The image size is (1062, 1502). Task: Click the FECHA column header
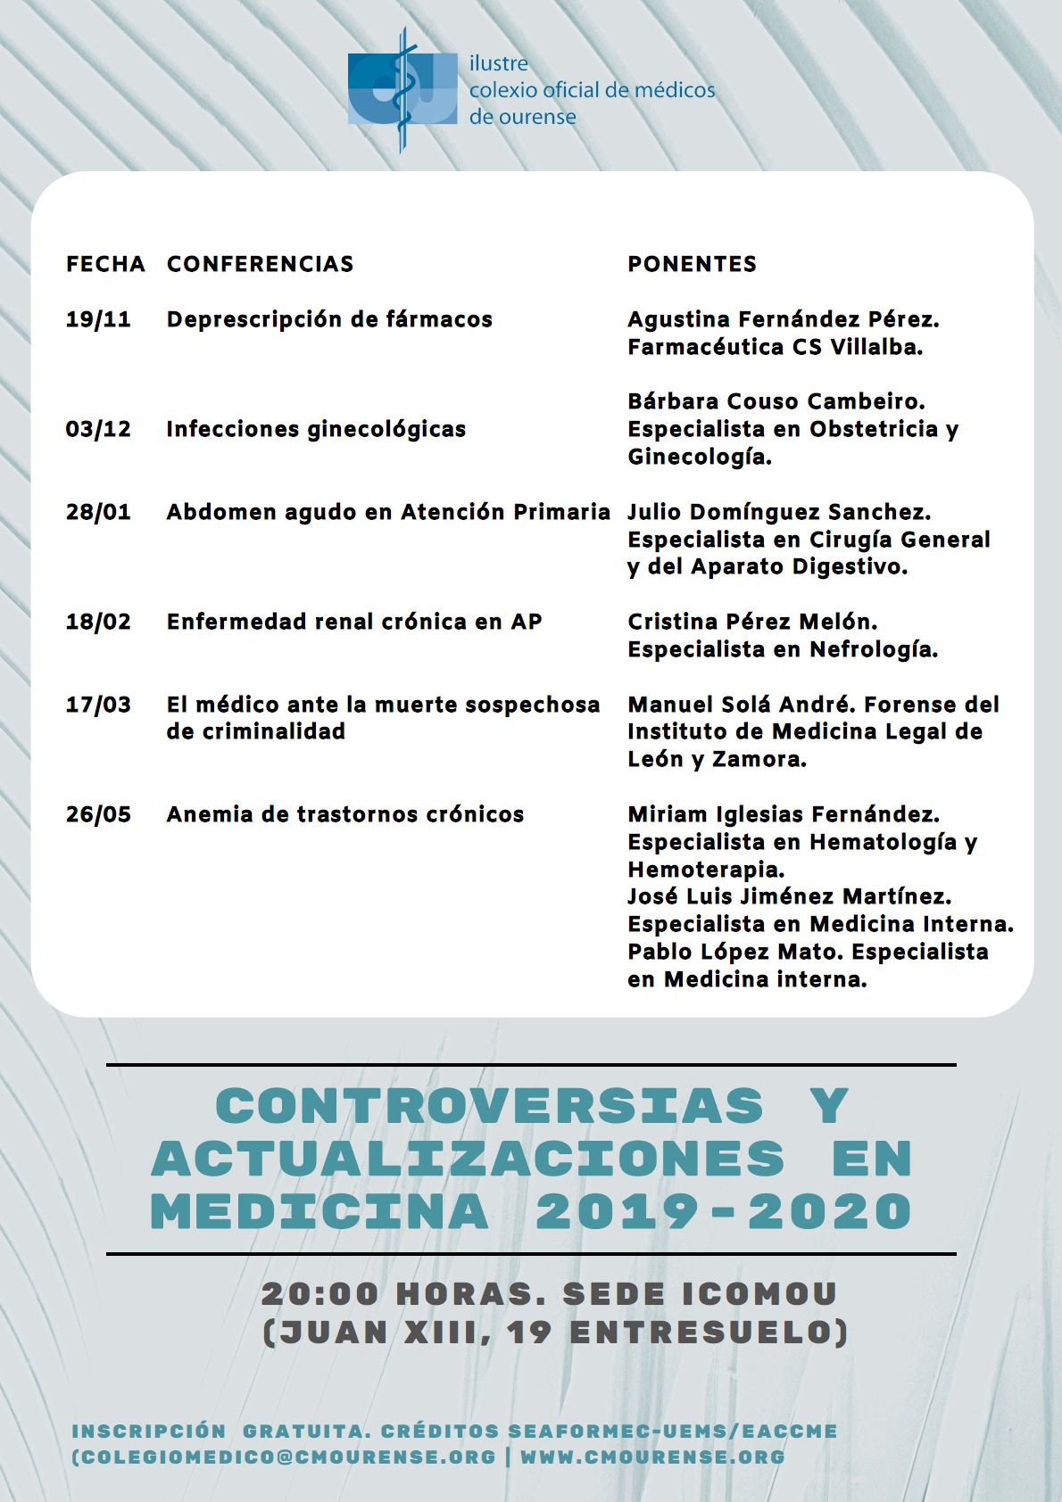point(105,264)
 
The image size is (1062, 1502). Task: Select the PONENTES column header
point(692,264)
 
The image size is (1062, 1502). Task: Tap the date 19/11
point(98,319)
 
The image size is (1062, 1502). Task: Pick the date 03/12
point(98,429)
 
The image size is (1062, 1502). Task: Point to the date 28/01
point(98,512)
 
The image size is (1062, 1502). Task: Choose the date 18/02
point(98,622)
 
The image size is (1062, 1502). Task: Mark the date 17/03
point(98,705)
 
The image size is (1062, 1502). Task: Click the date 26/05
point(98,814)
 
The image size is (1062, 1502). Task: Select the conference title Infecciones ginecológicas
point(316,429)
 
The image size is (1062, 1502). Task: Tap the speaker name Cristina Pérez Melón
point(751,622)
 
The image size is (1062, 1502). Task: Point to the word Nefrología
point(872,649)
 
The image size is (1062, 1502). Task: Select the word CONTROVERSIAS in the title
point(489,1107)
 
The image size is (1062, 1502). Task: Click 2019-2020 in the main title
point(723,1212)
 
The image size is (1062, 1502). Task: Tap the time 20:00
point(319,1294)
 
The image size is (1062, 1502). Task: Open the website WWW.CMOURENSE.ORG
point(652,1457)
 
